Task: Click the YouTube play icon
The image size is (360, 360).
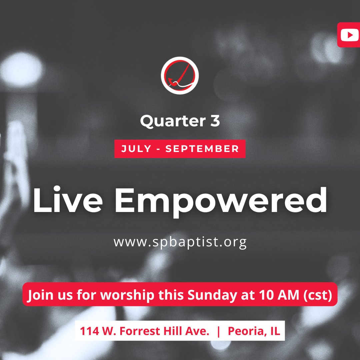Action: coord(350,35)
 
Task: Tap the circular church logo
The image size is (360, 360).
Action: coord(180,75)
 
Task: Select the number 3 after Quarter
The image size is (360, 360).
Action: coord(215,121)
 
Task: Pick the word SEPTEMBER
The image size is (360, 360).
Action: coord(202,149)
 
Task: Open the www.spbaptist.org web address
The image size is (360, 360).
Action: coord(180,242)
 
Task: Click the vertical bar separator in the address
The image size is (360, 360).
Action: coord(218,331)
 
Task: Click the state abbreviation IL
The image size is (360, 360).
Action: coord(274,331)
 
